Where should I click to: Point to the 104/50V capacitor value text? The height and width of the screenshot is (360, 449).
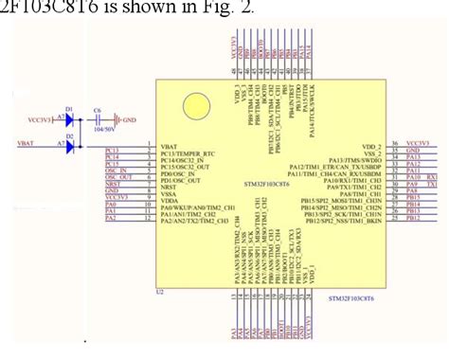tap(99, 131)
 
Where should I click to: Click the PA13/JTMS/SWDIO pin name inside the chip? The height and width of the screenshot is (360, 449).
tap(354, 162)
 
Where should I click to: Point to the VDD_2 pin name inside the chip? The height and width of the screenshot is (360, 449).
tap(368, 148)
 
